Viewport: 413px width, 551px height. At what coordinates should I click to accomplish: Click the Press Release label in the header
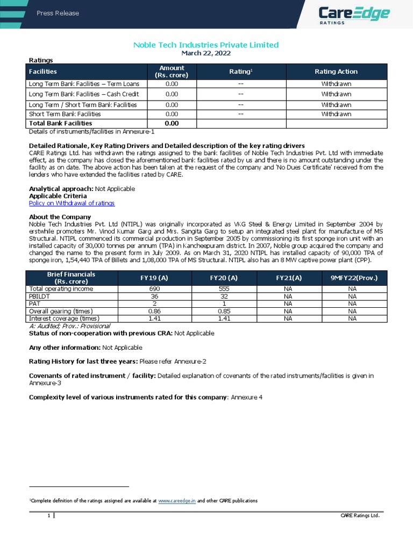pyautogui.click(x=58, y=13)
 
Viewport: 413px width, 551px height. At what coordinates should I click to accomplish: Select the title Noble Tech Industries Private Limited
pyautogui.click(x=206, y=45)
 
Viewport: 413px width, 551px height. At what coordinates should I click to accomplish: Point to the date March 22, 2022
pyautogui.click(x=206, y=53)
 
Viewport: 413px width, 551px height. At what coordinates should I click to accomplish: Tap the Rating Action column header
pyautogui.click(x=336, y=72)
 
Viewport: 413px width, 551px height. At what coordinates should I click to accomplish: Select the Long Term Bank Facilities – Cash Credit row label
pyautogui.click(x=83, y=94)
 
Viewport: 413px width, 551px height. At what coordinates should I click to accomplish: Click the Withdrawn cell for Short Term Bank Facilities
pyautogui.click(x=336, y=114)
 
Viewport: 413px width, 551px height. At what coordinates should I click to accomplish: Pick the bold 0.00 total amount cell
pyautogui.click(x=172, y=123)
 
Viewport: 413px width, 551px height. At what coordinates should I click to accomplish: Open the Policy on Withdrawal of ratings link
pyautogui.click(x=72, y=203)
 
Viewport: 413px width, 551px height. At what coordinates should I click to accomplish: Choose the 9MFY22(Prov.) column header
pyautogui.click(x=352, y=278)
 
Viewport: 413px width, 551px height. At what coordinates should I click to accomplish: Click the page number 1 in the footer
pyautogui.click(x=48, y=516)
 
